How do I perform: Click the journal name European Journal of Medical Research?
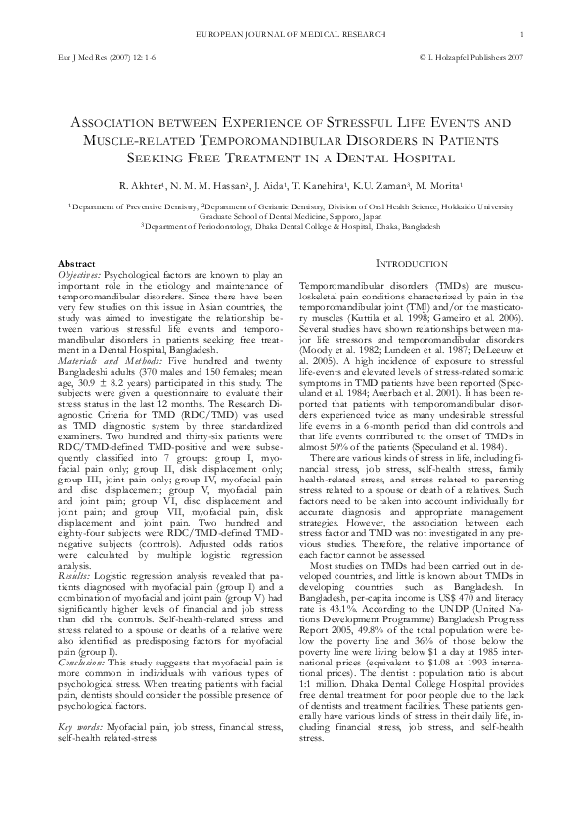291,36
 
